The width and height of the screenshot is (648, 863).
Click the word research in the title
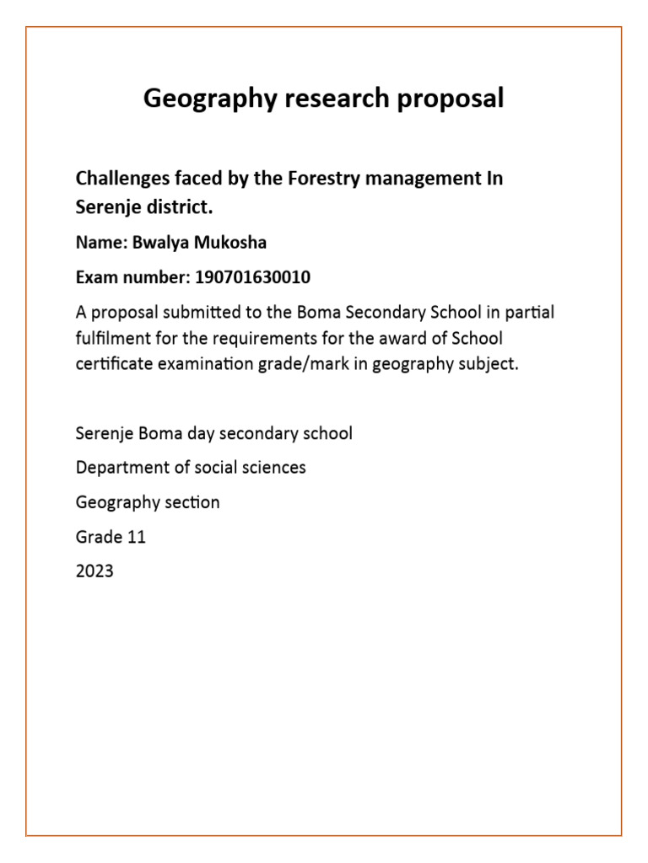pyautogui.click(x=323, y=99)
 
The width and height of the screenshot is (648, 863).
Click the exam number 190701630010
pyautogui.click(x=246, y=277)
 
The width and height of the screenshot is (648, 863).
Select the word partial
pyautogui.click(x=530, y=312)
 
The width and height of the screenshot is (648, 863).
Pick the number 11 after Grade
pyautogui.click(x=136, y=537)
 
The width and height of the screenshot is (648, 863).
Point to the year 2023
pyautogui.click(x=94, y=571)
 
